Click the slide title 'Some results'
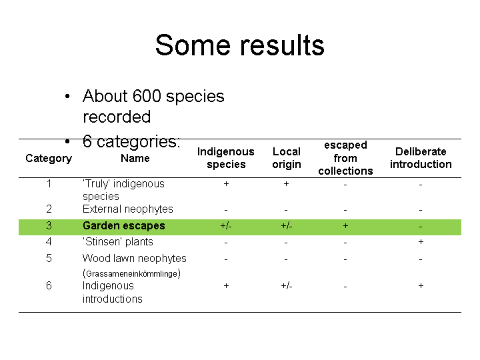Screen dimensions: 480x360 (240, 45)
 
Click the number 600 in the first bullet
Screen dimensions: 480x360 (147, 96)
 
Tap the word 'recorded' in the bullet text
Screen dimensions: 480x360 (117, 117)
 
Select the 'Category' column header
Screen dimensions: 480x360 (49, 158)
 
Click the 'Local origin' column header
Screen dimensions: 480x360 (287, 158)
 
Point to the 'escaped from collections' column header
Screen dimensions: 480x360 (345, 158)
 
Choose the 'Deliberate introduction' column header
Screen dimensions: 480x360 (421, 158)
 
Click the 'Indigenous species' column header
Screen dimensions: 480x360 (226, 158)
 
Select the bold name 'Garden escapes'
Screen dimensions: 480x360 (124, 225)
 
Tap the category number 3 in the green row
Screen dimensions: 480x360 (49, 225)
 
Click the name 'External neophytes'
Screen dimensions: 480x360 (127, 209)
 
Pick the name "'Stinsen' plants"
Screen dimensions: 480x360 (117, 242)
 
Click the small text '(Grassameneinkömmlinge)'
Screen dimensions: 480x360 (131, 273)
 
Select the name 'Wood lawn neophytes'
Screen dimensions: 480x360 (135, 259)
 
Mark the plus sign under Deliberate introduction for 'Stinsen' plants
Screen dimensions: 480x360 (421, 242)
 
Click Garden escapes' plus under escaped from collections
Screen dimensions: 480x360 (345, 226)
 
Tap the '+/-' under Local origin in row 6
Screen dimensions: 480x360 (287, 286)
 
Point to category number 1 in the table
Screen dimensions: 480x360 (49, 184)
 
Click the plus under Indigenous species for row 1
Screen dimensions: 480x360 (226, 184)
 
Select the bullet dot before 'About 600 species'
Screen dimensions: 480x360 (67, 97)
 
